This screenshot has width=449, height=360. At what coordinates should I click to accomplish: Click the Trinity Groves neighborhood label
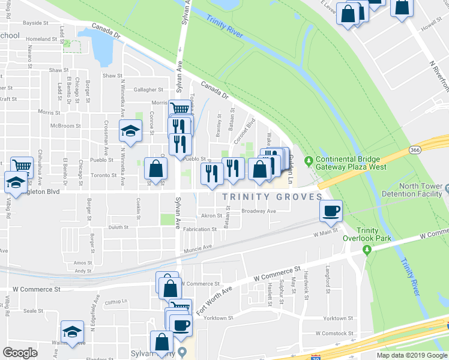(272, 197)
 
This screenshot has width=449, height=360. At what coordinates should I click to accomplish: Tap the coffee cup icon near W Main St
(331, 211)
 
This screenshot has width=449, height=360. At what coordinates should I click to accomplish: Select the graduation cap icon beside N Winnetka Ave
(130, 131)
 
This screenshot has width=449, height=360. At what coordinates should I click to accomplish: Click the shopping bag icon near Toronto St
(156, 170)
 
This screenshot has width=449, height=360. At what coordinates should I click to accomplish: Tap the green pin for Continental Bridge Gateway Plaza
(309, 161)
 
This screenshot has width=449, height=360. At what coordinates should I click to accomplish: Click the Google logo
(20, 353)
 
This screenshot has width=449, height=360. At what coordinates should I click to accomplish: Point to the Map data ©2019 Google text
(411, 355)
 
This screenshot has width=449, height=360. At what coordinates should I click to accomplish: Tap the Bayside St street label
(35, 23)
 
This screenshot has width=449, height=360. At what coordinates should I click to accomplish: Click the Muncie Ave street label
(199, 247)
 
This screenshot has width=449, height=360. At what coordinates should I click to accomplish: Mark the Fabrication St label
(200, 229)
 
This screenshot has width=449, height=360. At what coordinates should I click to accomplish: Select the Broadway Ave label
(258, 211)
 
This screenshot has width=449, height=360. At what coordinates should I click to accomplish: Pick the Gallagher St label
(148, 89)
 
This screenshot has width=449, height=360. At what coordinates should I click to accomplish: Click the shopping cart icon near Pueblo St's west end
(22, 166)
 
